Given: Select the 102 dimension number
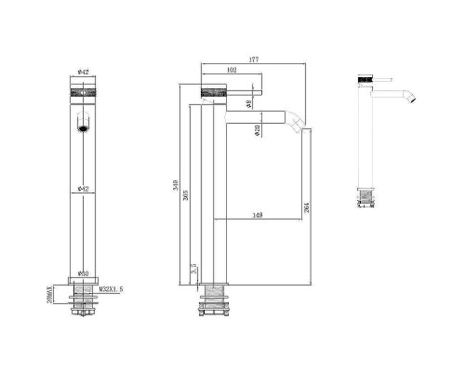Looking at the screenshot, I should [x=231, y=72].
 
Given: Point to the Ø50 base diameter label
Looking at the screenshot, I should [x=83, y=273].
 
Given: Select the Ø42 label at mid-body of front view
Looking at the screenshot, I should [x=83, y=190].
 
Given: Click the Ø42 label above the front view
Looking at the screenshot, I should [x=83, y=72].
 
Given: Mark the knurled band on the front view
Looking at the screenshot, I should [x=83, y=92].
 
